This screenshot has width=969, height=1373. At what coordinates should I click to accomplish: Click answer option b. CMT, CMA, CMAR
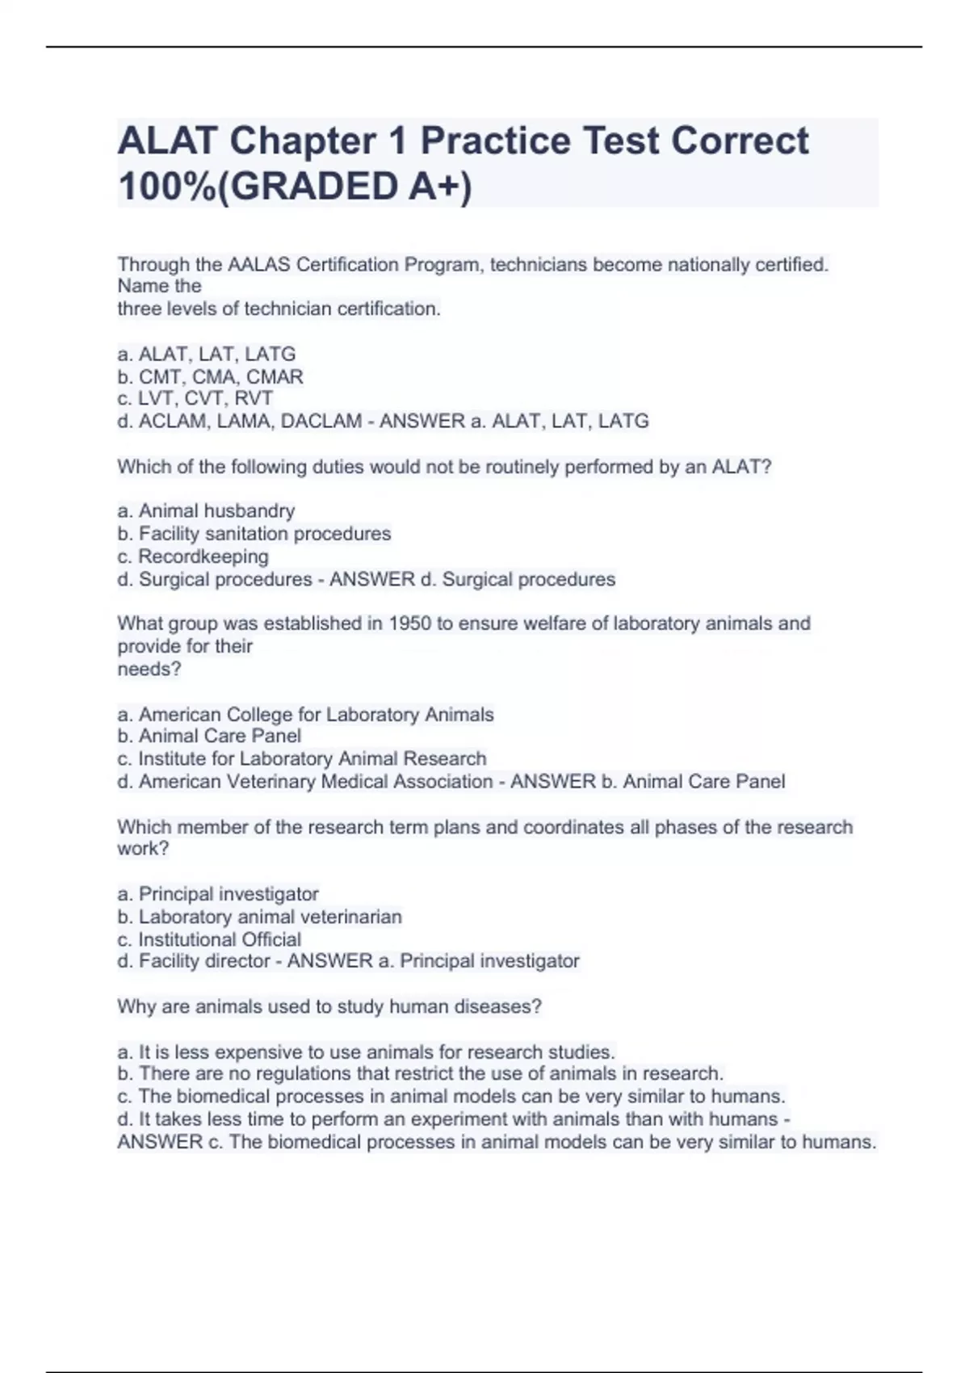[x=210, y=377]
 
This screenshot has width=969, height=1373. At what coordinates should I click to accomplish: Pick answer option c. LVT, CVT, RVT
[x=195, y=399]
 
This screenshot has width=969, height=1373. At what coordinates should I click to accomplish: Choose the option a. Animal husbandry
[x=206, y=511]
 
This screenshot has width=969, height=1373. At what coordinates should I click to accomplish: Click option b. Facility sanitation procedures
[x=254, y=534]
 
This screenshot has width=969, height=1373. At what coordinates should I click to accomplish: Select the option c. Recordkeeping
[x=193, y=556]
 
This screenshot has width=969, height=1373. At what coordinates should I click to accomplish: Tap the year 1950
[x=410, y=624]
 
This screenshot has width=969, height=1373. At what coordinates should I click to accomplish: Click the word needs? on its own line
[x=149, y=670]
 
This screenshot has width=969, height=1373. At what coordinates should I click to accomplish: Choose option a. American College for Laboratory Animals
[x=305, y=715]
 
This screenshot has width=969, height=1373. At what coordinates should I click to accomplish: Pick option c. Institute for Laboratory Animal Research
[x=301, y=759]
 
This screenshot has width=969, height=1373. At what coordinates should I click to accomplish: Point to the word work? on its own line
[x=143, y=849]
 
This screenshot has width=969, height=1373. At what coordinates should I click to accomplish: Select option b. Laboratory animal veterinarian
[x=259, y=917]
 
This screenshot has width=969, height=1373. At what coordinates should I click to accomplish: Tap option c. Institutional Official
[x=209, y=940]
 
